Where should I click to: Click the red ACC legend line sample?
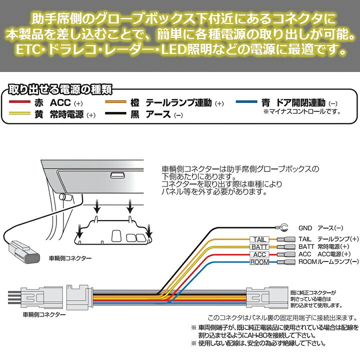[x=22, y=103]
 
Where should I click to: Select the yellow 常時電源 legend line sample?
[x=22, y=114]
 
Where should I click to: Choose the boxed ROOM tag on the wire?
[x=259, y=262]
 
